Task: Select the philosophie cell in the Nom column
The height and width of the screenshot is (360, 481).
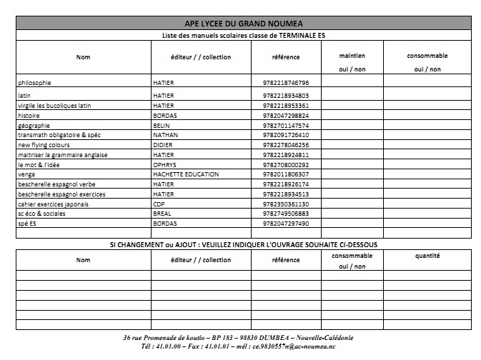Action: point(34,83)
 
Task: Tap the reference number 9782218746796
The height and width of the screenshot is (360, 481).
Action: point(285,83)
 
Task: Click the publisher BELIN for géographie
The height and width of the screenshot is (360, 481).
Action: point(163,125)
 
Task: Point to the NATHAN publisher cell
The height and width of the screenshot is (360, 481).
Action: point(166,134)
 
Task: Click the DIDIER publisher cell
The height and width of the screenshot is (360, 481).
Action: point(164,144)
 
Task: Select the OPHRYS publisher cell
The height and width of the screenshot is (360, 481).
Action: point(165,164)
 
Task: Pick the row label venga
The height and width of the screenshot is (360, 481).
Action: point(26,174)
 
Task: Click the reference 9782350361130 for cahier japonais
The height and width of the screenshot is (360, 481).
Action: point(285,204)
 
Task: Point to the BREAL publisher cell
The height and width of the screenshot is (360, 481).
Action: point(163,214)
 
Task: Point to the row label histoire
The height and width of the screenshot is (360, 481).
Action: point(29,115)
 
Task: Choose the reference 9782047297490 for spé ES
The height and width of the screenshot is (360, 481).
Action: point(285,224)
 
